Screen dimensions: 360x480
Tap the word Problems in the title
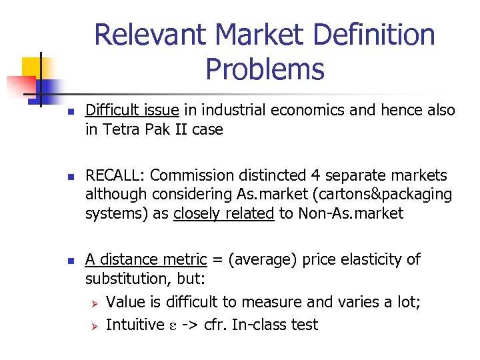(265, 68)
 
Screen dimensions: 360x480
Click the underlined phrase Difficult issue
(132, 110)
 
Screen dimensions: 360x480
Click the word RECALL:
(115, 175)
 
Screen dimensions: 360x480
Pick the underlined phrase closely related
(223, 213)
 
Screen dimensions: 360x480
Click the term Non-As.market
(349, 213)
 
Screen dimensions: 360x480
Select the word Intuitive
(135, 325)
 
